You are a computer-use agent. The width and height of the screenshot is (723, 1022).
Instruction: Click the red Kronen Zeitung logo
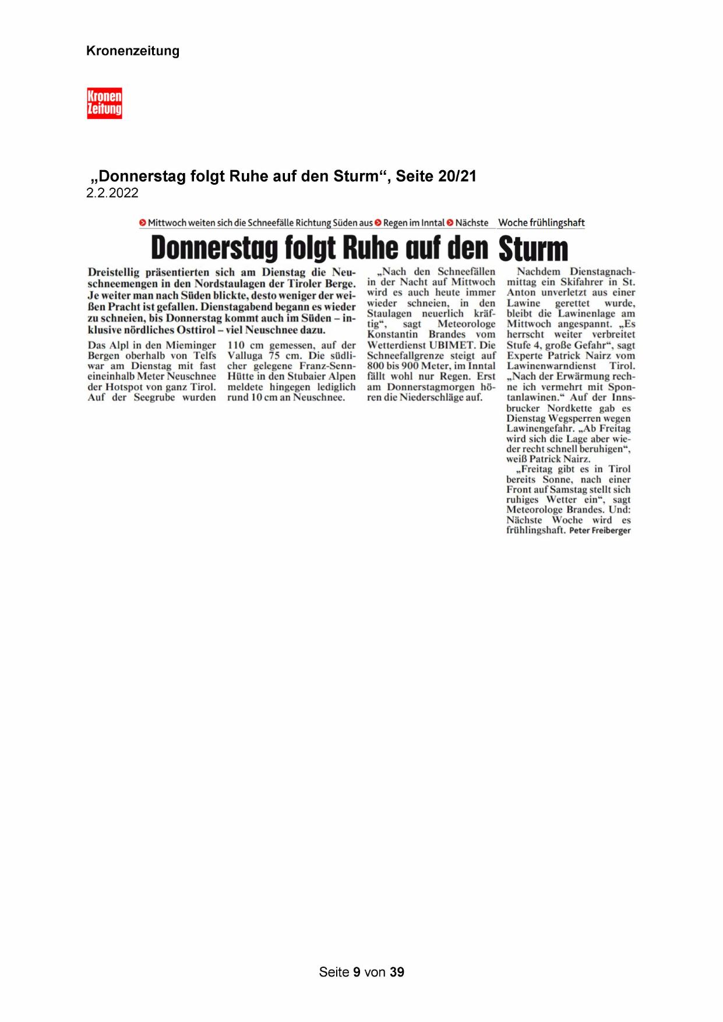pos(104,103)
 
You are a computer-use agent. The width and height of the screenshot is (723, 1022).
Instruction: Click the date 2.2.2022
pos(112,193)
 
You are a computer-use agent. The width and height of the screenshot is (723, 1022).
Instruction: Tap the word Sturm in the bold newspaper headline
pos(533,249)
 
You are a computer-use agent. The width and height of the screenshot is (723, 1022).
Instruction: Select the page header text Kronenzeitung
pos(133,51)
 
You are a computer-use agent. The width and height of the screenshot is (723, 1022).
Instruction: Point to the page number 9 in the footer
pos(357,972)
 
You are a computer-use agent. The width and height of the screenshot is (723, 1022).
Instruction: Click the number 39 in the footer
pos(397,972)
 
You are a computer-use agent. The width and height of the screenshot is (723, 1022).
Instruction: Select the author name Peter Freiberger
pos(599,531)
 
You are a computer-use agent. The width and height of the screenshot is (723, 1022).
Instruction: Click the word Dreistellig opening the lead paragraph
pos(116,272)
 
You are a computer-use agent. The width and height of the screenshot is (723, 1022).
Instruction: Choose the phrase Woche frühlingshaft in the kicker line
pos(541,223)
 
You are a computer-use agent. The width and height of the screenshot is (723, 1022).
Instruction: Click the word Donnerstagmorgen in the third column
pos(428,387)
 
